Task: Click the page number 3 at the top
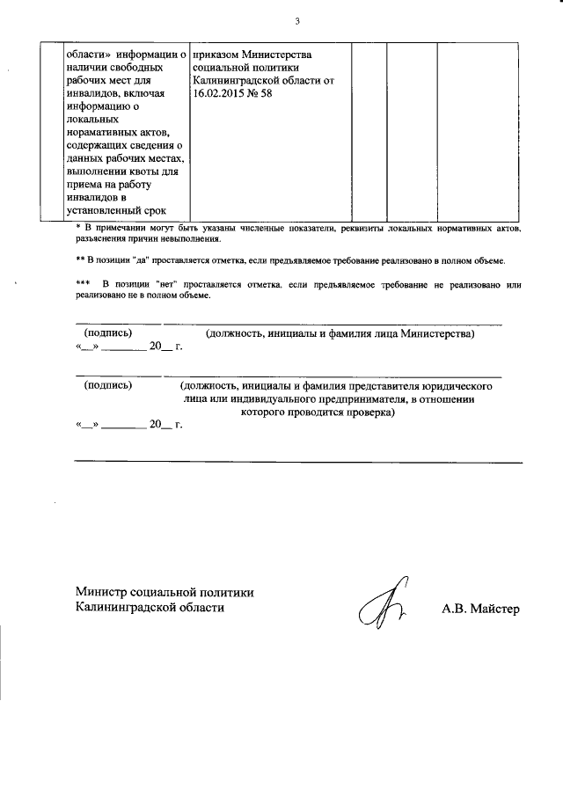coord(297,21)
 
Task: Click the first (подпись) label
coord(107,335)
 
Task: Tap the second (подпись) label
coord(107,386)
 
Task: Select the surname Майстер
coord(496,608)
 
